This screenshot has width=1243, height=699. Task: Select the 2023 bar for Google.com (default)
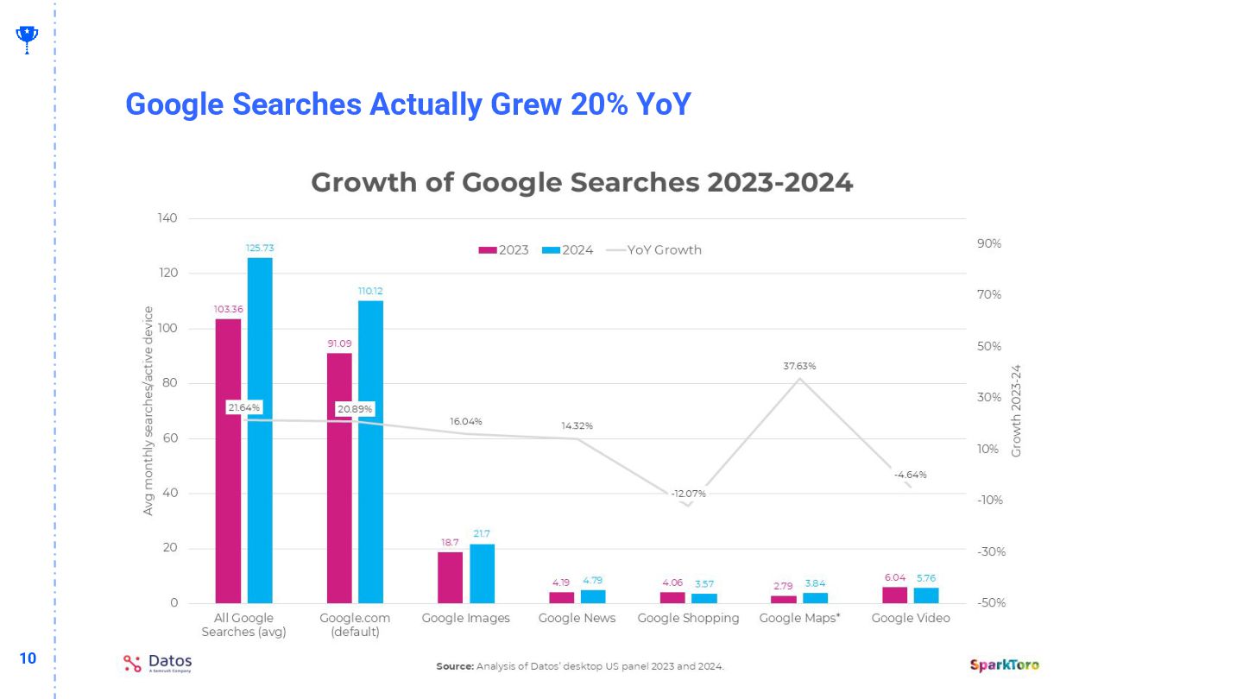(339, 478)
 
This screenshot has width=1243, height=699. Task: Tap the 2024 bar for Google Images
(482, 573)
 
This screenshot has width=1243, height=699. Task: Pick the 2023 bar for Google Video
(894, 595)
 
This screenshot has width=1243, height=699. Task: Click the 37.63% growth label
(799, 366)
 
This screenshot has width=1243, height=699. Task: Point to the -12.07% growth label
(689, 494)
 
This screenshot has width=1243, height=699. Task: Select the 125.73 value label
(260, 248)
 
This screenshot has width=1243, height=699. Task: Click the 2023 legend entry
(504, 250)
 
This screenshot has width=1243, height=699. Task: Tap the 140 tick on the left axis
(167, 218)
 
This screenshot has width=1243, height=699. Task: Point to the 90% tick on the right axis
(989, 244)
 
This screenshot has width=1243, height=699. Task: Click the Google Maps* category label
(799, 618)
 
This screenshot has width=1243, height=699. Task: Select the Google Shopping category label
(688, 618)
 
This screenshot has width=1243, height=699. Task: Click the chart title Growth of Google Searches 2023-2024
(582, 183)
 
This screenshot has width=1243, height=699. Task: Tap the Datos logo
(157, 663)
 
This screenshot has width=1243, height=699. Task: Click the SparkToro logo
(1004, 664)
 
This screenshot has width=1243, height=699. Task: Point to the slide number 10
(28, 658)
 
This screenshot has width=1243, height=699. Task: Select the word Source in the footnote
(454, 666)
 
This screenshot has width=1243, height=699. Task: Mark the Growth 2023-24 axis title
(1016, 411)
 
